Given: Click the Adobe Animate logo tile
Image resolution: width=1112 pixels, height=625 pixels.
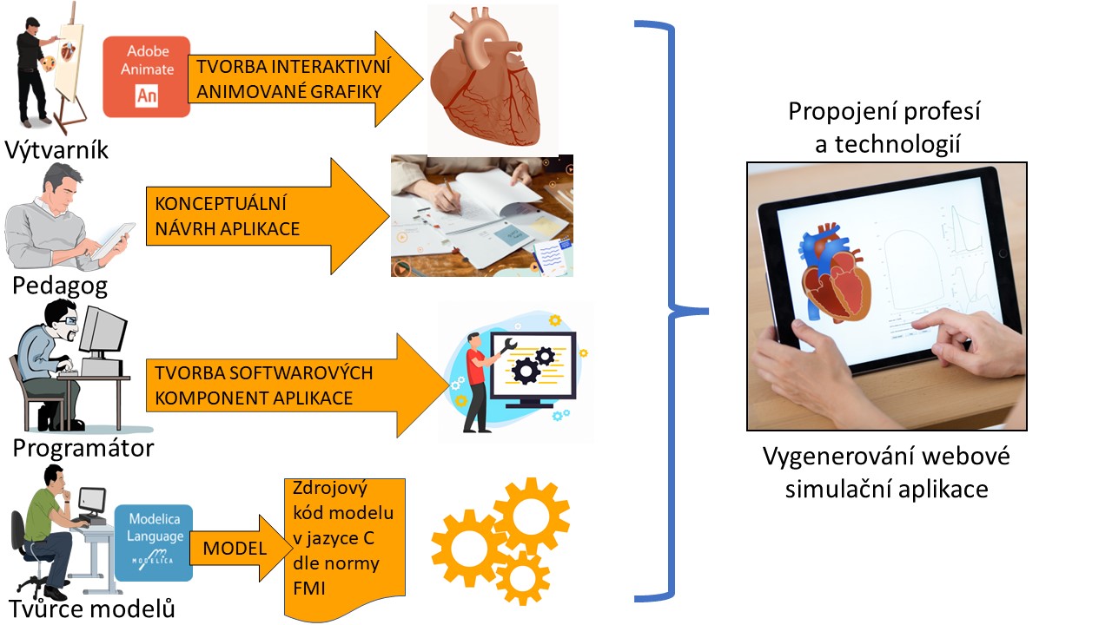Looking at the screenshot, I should click(146, 76).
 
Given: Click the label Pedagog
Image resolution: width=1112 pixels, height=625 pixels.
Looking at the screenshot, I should click(60, 286).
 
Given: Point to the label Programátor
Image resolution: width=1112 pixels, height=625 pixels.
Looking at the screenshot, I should click(83, 447).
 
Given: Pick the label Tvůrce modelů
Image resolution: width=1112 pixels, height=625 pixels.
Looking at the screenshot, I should click(93, 609).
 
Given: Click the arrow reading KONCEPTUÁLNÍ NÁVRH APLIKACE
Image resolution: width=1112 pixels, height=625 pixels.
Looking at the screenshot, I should click(261, 217).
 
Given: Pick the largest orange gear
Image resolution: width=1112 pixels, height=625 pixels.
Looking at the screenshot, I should click(531, 516).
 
